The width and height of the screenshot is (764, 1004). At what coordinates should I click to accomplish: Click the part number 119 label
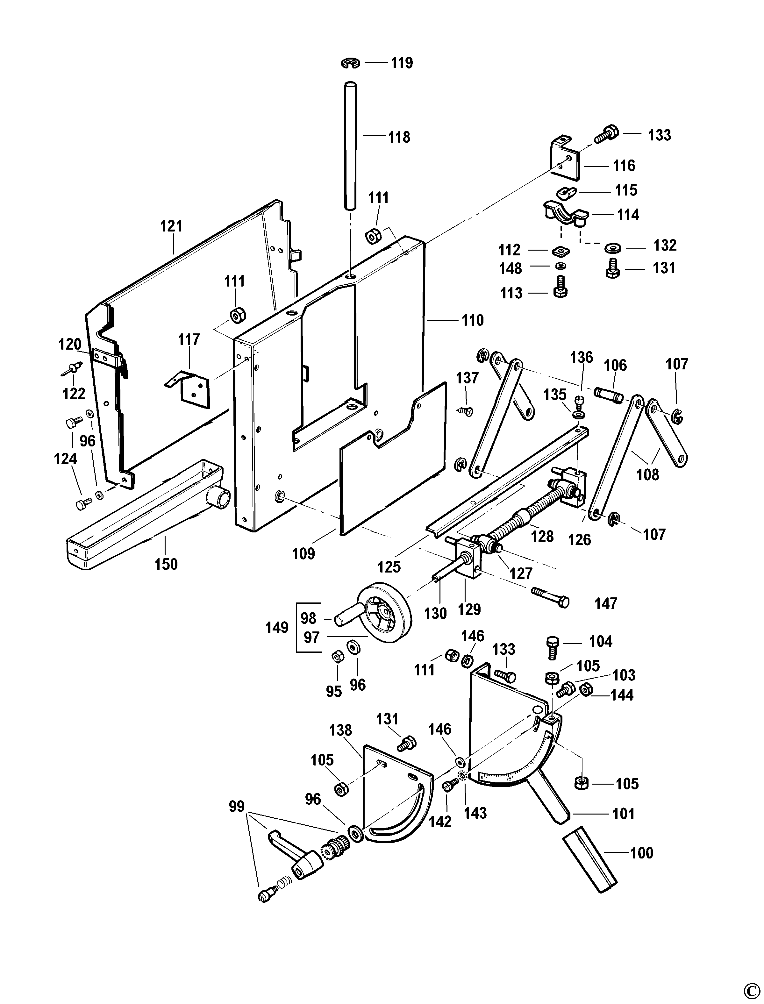(402, 63)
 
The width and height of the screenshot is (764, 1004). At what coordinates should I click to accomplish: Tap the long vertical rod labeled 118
(350, 146)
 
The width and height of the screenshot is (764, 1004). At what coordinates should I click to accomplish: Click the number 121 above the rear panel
(171, 226)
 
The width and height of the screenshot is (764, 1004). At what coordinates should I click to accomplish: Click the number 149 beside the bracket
(277, 628)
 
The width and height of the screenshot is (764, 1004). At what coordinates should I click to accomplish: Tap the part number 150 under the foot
(166, 564)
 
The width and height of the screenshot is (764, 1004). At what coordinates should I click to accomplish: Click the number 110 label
(473, 321)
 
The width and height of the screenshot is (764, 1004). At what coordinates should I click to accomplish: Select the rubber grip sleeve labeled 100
(590, 859)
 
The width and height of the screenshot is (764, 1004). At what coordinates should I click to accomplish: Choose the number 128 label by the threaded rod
(542, 536)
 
